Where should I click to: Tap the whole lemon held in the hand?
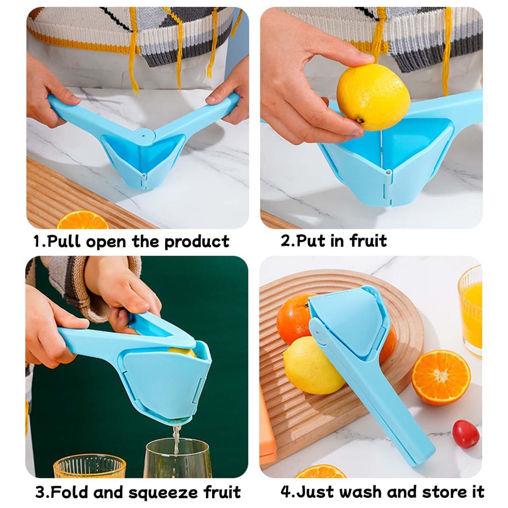pyautogui.click(x=373, y=97)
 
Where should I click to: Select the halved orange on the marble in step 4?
pyautogui.click(x=441, y=378)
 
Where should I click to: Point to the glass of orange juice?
pyautogui.click(x=470, y=311)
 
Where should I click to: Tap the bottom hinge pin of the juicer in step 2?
pyautogui.click(x=388, y=172)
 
